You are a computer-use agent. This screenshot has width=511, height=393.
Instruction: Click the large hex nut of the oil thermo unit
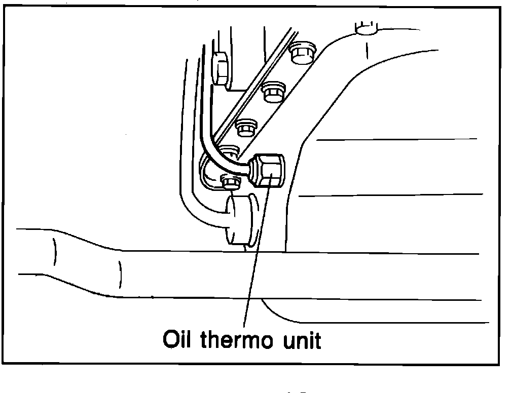[269, 171]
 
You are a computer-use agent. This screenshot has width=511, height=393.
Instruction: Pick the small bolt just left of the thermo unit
[231, 181]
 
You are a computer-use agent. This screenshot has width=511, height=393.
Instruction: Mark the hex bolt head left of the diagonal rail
[221, 67]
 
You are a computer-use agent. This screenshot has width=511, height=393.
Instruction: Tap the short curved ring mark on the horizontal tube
[120, 273]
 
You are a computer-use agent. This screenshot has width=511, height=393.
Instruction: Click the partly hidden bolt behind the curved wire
[231, 150]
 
